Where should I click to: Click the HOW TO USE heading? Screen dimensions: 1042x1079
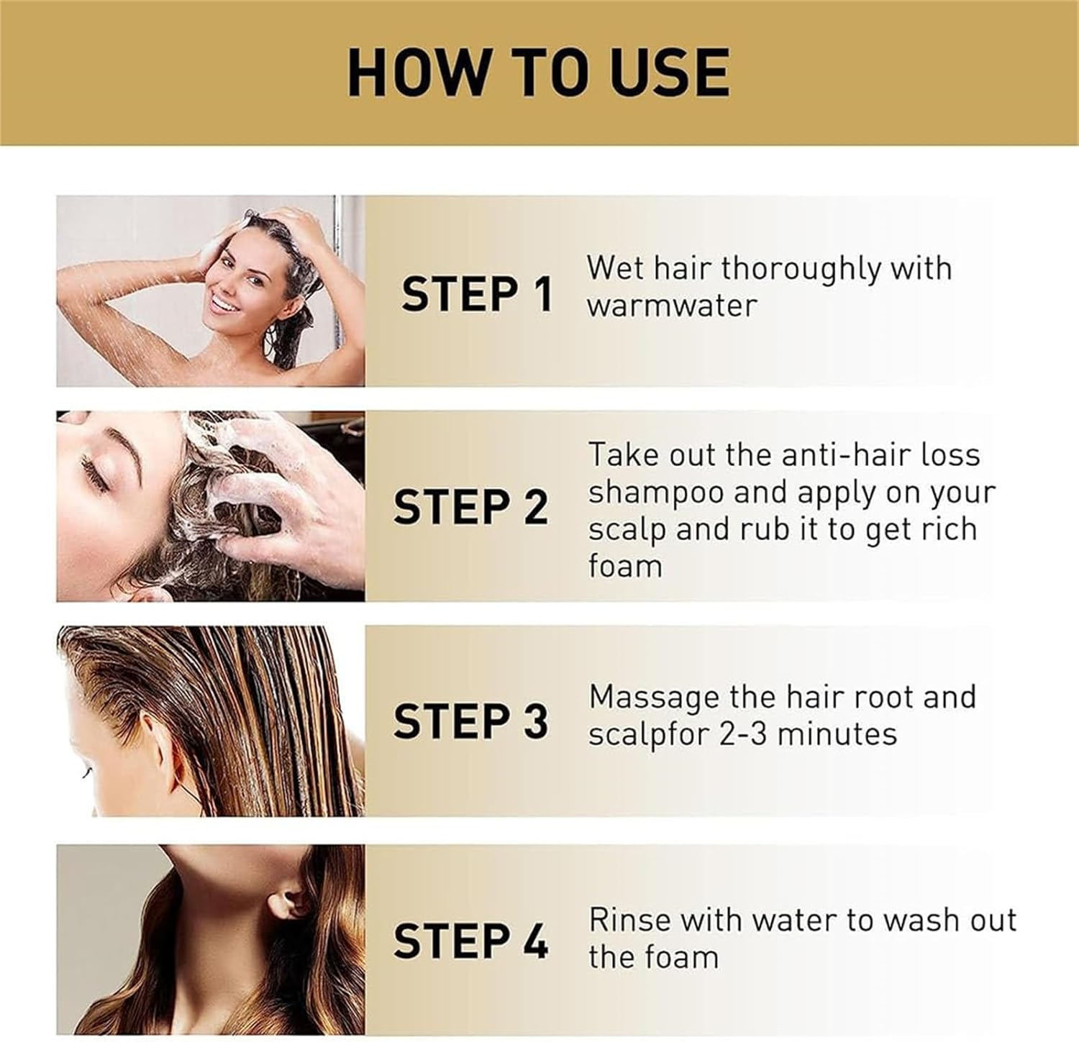point(539,72)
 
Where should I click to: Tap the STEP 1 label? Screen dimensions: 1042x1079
point(477,294)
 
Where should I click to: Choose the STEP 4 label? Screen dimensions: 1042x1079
point(470,941)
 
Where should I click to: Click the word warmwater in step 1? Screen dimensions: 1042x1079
point(672,306)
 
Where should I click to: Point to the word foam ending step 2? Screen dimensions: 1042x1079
point(624,566)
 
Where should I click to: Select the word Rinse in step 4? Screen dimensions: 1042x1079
point(629,920)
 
